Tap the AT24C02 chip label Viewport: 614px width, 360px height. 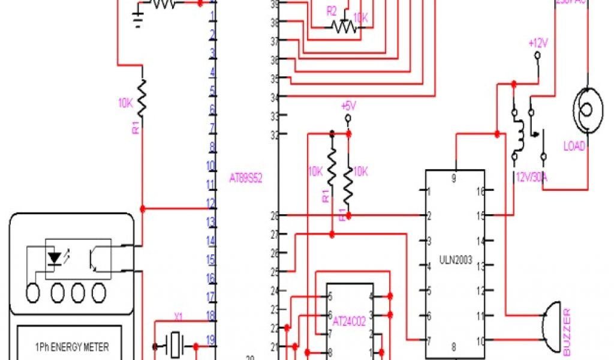350,321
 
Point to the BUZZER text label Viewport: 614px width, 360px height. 567,331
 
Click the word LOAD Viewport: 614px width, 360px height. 574,146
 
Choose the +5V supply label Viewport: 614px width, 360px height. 348,106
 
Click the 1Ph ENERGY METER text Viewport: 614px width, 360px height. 71,347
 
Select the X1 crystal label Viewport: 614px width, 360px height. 178,316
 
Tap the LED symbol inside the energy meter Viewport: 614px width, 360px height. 56,257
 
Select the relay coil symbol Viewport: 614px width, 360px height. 522,135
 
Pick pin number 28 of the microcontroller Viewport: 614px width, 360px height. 275,215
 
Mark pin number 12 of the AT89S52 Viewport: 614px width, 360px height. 210,203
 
